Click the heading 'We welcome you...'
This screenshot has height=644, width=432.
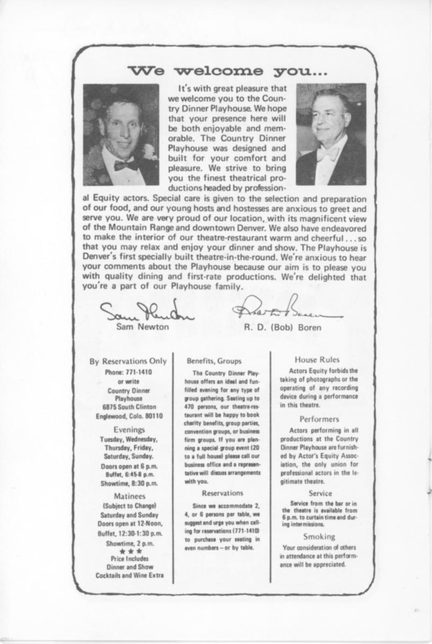[x=226, y=71]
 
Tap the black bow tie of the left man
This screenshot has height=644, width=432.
[x=126, y=164]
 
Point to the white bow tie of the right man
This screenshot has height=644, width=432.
[x=327, y=154]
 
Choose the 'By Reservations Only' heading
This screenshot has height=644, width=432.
[x=128, y=361]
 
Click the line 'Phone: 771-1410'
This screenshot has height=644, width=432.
[x=128, y=372]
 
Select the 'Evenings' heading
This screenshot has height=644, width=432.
[x=129, y=429]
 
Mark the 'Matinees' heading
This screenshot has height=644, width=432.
[x=128, y=496]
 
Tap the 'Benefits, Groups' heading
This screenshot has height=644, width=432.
[x=214, y=361]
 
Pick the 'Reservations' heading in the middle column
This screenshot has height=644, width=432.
[x=222, y=493]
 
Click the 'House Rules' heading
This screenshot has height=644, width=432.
[x=317, y=360]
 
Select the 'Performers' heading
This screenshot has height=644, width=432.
[x=319, y=419]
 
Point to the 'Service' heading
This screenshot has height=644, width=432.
[x=320, y=493]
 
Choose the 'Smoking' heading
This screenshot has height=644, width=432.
[x=319, y=536]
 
